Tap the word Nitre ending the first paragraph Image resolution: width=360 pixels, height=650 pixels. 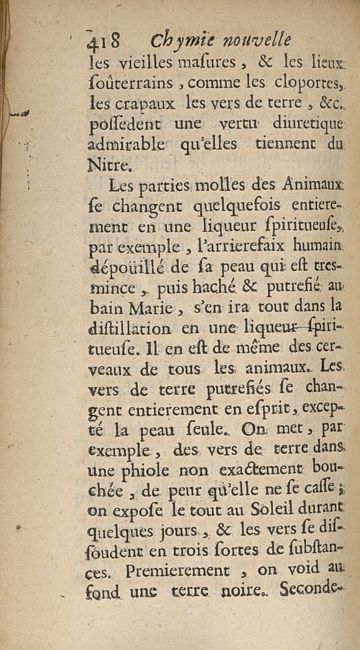click(x=109, y=167)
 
